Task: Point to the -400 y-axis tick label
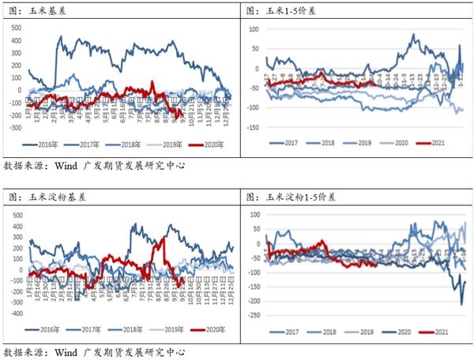[13, 313]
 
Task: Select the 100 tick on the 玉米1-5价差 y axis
[255, 29]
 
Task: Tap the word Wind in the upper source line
[67, 167]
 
